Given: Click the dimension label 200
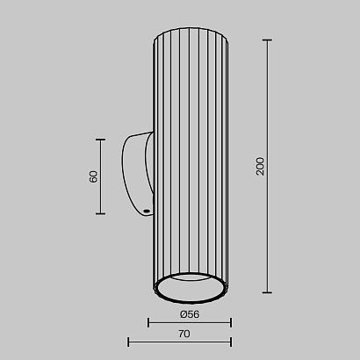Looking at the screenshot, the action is pos(260,166).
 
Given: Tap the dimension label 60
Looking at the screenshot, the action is pos(93,176).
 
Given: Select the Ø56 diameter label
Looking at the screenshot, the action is pos(190,314).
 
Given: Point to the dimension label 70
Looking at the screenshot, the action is pos(184,334).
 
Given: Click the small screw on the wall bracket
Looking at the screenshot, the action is pos(147,211).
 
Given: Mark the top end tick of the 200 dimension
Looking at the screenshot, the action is pos(267,40).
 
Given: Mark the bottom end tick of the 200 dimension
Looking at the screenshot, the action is pos(267,292).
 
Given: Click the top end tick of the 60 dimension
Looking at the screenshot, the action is pos(100,140).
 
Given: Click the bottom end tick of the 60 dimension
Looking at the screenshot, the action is pos(100,213).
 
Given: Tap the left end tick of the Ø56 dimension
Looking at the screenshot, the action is pos(148,323).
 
